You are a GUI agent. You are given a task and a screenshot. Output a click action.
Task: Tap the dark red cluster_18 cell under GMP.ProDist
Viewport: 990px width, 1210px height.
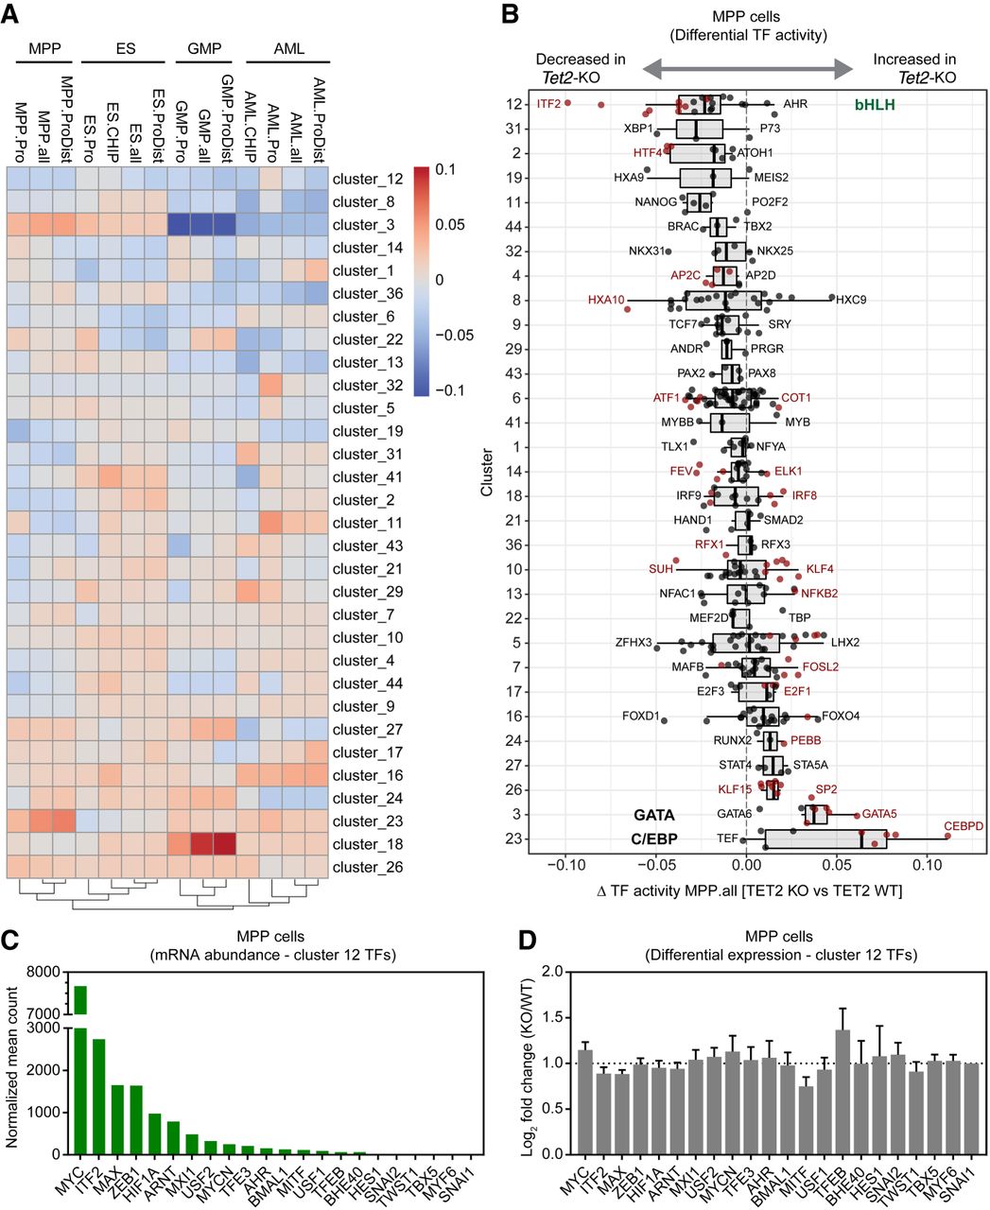(x=225, y=844)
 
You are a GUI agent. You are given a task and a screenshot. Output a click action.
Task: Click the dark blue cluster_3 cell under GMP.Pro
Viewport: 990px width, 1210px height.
(x=180, y=225)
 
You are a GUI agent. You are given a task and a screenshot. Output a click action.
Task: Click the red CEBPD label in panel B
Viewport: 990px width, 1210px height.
(x=964, y=826)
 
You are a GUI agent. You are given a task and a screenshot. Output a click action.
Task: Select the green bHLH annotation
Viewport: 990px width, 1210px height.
(x=875, y=104)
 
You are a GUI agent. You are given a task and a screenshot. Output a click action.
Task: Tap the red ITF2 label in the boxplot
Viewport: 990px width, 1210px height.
(x=548, y=104)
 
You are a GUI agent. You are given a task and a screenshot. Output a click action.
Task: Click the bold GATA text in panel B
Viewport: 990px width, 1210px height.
(x=653, y=814)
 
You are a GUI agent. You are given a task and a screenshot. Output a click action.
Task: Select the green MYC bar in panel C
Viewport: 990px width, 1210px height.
(x=80, y=1068)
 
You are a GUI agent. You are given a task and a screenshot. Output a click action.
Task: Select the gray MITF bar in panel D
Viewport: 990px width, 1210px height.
(x=805, y=1118)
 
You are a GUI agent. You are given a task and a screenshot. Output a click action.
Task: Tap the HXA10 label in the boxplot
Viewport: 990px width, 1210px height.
(x=606, y=301)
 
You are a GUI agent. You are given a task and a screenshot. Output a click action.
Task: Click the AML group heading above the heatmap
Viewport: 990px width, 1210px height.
(x=288, y=48)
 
